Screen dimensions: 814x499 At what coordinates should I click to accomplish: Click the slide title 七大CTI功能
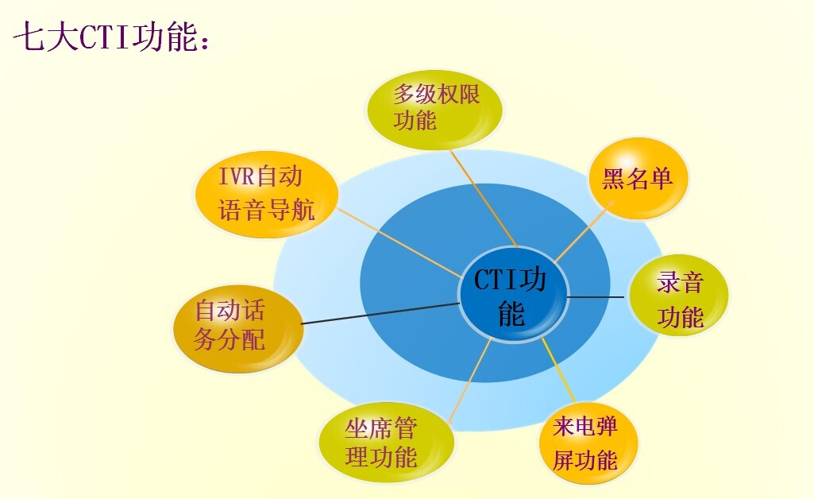click(x=112, y=37)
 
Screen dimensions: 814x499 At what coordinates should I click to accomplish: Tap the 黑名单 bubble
click(x=638, y=179)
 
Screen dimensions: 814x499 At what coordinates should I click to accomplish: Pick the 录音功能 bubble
click(x=679, y=296)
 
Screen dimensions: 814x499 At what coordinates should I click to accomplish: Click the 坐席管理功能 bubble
click(x=386, y=443)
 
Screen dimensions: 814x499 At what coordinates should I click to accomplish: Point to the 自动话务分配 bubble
click(x=238, y=328)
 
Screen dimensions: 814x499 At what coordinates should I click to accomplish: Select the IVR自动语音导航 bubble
click(x=267, y=194)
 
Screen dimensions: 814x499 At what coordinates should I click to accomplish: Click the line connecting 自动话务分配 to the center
click(x=380, y=314)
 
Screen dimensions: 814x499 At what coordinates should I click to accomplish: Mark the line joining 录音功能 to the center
click(x=596, y=297)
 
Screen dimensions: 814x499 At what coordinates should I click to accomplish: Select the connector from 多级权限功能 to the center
click(x=484, y=199)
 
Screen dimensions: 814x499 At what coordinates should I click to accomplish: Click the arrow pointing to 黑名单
click(x=585, y=230)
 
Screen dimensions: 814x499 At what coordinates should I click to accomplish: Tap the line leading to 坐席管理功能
click(x=470, y=380)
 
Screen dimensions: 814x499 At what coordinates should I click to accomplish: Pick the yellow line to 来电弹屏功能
click(x=558, y=370)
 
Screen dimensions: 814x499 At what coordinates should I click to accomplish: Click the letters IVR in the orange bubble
click(x=236, y=176)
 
